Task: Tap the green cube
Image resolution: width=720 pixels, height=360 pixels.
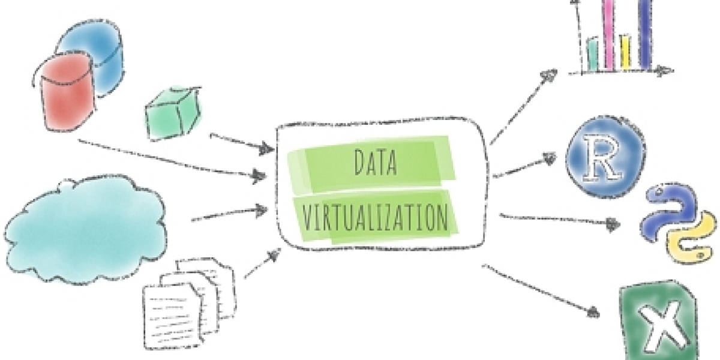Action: [173, 113]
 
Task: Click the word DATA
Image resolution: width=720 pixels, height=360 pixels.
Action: [376, 163]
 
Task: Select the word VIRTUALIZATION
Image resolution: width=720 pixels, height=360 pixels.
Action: [376, 217]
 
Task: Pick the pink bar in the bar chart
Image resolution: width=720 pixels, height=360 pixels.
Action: [608, 35]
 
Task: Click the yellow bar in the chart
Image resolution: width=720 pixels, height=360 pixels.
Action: [625, 52]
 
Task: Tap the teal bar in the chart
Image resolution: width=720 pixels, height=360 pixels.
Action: [593, 54]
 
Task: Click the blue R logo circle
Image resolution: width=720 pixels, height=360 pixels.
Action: [605, 157]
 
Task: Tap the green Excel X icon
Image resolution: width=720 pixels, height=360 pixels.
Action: [659, 322]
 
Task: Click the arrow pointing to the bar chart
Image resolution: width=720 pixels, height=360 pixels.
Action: [523, 106]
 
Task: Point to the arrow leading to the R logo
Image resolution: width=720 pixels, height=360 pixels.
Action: [524, 165]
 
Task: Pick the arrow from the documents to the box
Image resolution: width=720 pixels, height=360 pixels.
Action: [262, 263]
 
